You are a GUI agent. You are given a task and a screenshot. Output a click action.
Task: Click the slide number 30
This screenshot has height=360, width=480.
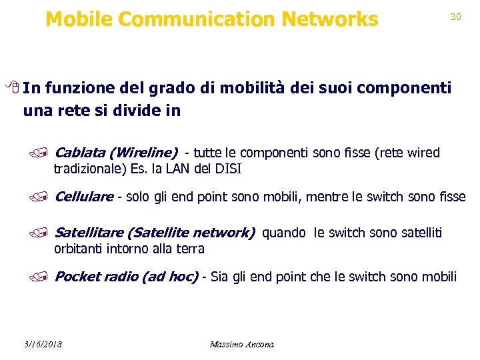[x=456, y=17]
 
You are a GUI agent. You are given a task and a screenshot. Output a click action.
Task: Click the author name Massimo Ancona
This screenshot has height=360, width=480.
[x=241, y=344]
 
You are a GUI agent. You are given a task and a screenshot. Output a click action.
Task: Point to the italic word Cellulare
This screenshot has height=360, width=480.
[x=84, y=197]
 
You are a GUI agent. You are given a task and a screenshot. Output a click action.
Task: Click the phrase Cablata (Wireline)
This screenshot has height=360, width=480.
[x=116, y=153]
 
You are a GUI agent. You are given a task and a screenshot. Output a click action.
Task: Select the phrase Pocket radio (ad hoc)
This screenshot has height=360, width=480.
[x=126, y=277]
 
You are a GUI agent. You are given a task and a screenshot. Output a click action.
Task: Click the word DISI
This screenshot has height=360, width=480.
[x=228, y=169]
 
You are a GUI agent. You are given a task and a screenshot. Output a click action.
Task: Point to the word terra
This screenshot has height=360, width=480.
[x=191, y=249]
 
